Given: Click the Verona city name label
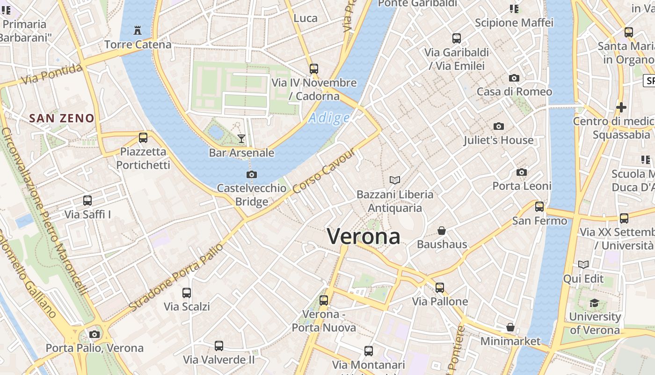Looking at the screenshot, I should [x=364, y=236].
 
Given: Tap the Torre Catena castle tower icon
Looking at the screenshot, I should [x=138, y=30].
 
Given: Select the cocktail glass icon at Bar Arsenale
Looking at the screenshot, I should [x=241, y=138].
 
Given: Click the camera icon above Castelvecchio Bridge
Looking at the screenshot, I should [x=252, y=175].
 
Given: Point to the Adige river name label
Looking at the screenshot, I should [x=329, y=118].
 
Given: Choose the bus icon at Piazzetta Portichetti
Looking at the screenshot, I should [x=143, y=138].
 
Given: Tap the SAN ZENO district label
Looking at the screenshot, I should [x=62, y=118].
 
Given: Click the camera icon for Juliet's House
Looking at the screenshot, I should [x=499, y=126].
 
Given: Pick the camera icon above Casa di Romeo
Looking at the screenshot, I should [x=514, y=78].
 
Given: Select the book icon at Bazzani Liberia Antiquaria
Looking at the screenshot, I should [x=395, y=180].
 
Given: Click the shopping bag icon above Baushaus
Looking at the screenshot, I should [x=442, y=231].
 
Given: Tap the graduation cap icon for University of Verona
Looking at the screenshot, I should [x=595, y=303].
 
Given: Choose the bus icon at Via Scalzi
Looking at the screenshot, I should [x=187, y=293].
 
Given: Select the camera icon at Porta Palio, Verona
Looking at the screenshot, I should [x=95, y=334].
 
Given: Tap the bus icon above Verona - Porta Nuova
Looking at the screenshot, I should [x=324, y=300].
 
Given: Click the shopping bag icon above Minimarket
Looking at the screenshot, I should [x=510, y=327].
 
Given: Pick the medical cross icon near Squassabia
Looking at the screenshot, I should [x=621, y=107].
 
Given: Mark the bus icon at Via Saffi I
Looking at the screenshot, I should [x=87, y=201].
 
